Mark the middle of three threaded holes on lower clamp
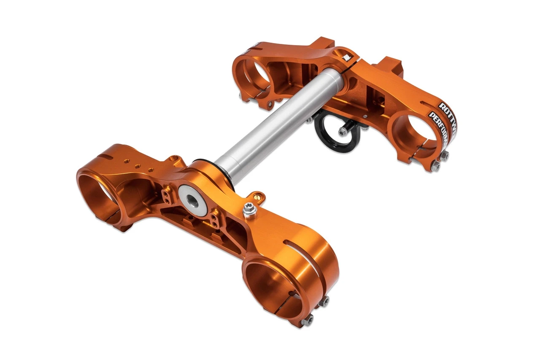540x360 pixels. pyautogui.click(x=138, y=166)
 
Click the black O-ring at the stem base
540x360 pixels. pyautogui.click(x=207, y=162)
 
